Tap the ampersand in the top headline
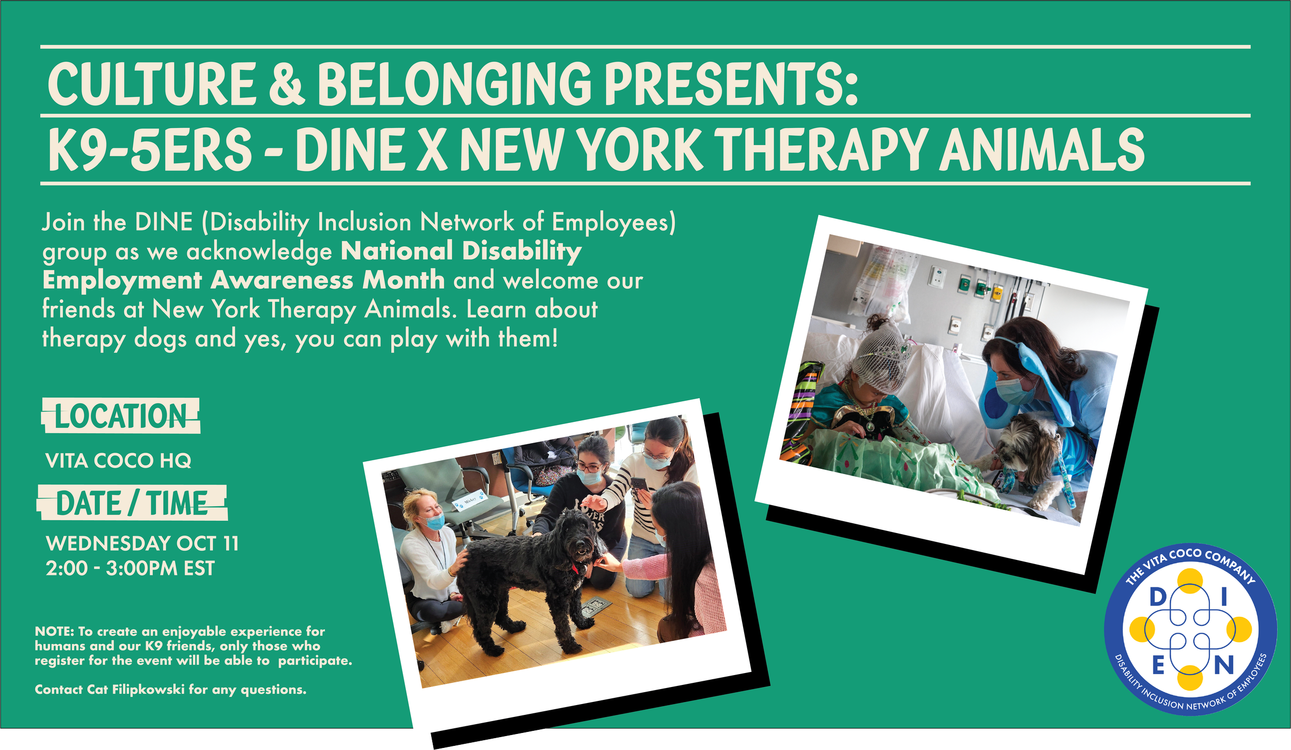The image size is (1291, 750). pyautogui.click(x=287, y=84)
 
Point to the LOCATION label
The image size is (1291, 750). pyautogui.click(x=120, y=416)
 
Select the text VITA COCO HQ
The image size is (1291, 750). pyautogui.click(x=118, y=461)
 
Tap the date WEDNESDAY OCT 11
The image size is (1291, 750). pyautogui.click(x=142, y=543)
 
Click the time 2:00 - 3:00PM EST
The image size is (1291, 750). pyautogui.click(x=130, y=569)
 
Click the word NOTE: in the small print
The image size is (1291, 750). pyautogui.click(x=54, y=631)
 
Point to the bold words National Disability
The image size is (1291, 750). pyautogui.click(x=461, y=252)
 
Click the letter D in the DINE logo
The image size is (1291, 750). pyautogui.click(x=1158, y=598)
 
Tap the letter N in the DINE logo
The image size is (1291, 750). pyautogui.click(x=1224, y=666)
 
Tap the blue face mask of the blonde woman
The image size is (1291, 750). pyautogui.click(x=435, y=522)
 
